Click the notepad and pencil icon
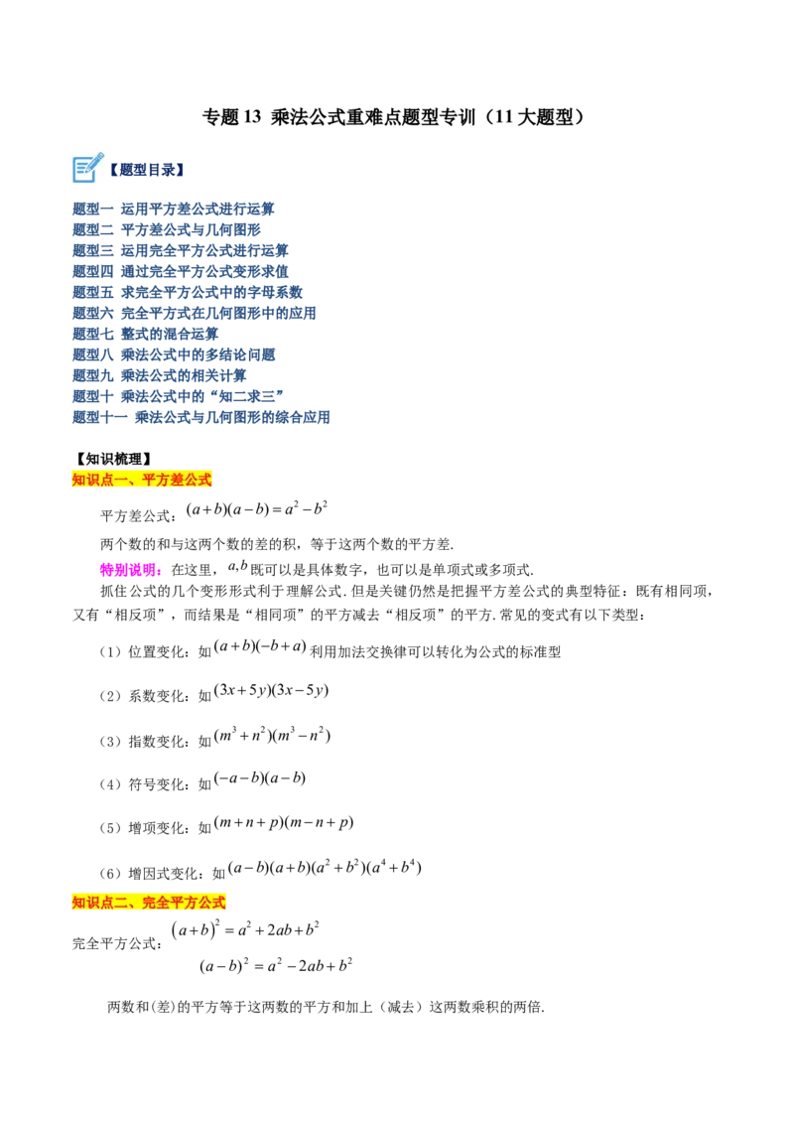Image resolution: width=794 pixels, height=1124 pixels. [x=87, y=169]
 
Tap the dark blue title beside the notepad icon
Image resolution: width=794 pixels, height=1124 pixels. [x=149, y=171]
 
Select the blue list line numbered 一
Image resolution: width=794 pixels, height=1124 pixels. [x=174, y=210]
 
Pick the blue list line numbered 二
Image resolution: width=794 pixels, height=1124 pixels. [x=166, y=230]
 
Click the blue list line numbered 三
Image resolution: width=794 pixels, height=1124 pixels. [x=181, y=251]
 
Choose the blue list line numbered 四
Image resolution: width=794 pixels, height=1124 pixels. [x=181, y=272]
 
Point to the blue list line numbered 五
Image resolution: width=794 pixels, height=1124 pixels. [x=188, y=293]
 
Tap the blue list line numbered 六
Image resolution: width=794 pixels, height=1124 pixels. [x=194, y=314]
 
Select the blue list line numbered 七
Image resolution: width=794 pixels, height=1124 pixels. [x=146, y=335]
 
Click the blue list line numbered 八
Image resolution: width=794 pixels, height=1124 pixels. [x=174, y=355]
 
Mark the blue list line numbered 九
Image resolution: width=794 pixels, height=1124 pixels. [x=160, y=376]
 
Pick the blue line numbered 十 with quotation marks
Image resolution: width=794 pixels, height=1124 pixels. [x=178, y=397]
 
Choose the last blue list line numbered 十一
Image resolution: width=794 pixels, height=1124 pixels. [x=201, y=418]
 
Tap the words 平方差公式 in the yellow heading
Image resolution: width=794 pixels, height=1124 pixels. [x=178, y=481]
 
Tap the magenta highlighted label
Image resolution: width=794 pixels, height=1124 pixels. [x=131, y=570]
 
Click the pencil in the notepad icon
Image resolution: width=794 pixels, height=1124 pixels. [x=95, y=161]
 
